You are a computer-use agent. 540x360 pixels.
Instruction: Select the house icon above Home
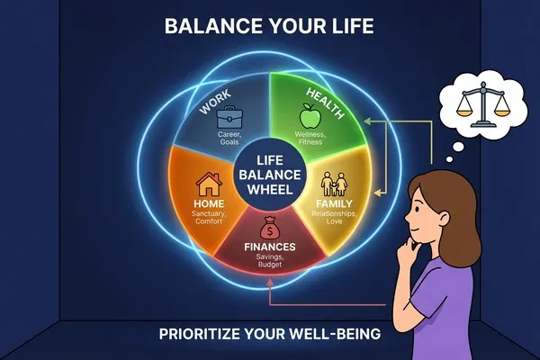[209, 184]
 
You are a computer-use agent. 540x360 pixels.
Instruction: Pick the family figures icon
[334, 184]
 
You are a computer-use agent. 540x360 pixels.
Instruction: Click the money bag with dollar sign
[270, 228]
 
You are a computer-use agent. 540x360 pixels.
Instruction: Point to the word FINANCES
[270, 247]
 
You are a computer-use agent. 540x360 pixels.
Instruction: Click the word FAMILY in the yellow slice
[334, 203]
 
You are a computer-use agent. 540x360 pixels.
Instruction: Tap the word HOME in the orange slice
[209, 203]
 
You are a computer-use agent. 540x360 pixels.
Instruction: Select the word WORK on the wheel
[216, 102]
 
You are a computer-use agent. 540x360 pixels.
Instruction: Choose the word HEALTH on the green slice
[326, 103]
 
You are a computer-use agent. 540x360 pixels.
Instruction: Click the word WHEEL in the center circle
[270, 190]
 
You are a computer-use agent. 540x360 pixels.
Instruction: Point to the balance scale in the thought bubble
[482, 104]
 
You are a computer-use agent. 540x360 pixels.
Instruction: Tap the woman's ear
[442, 219]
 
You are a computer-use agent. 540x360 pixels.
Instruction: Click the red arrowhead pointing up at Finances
[270, 283]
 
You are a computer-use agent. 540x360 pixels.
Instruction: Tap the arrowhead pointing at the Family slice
[378, 193]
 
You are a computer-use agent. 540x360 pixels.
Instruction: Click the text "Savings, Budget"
[270, 260]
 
